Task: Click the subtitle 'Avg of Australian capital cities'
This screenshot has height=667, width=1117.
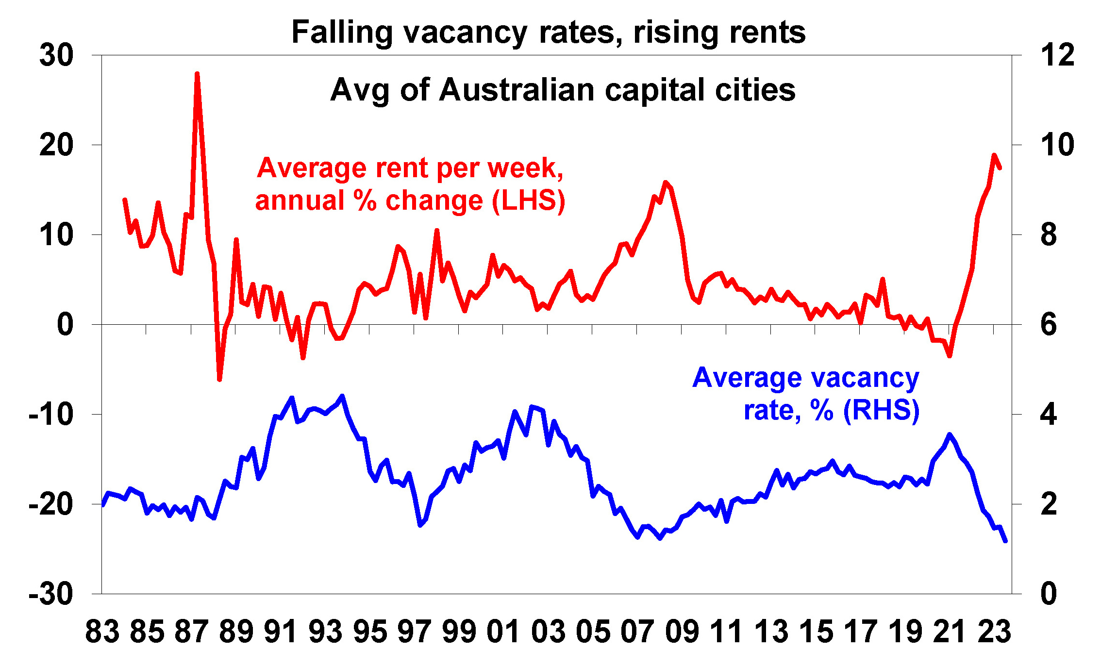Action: tap(563, 90)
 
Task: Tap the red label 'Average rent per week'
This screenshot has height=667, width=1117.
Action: tap(410, 168)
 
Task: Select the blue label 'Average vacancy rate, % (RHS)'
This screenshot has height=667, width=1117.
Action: tap(806, 394)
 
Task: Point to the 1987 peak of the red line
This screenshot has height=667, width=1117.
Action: tap(197, 74)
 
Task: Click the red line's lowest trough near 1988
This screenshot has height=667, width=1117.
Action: tap(219, 379)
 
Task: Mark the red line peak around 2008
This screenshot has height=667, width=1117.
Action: tap(666, 183)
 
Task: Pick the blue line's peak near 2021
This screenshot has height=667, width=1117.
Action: tap(950, 434)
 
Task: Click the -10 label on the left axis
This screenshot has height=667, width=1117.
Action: tap(51, 415)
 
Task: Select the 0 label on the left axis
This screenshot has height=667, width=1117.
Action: tap(65, 325)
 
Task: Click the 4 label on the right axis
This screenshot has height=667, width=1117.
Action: tap(1049, 415)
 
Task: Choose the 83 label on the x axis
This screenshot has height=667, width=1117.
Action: tap(102, 632)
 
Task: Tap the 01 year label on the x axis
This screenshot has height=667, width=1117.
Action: tap(503, 632)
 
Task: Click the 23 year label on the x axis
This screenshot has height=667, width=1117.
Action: tap(994, 632)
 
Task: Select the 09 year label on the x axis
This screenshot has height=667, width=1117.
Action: tap(682, 632)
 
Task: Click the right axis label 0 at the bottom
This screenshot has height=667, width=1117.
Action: tap(1049, 594)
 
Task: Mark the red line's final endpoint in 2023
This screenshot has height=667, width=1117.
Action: tap(1000, 168)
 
